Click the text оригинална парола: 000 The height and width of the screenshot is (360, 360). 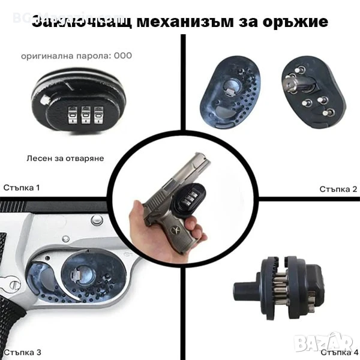pos(76,56)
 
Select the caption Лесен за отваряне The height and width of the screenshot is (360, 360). pos(65,158)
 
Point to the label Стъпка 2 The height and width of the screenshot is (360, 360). pos(338,189)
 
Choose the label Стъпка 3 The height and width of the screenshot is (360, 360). pos(22,351)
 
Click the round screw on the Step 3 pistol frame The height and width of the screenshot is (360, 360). pos(97,220)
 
